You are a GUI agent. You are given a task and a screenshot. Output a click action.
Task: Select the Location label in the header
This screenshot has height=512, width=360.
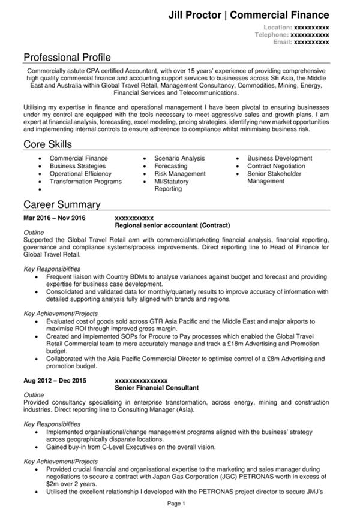[x=277, y=28]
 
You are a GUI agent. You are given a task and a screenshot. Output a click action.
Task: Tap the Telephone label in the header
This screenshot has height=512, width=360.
[x=272, y=35]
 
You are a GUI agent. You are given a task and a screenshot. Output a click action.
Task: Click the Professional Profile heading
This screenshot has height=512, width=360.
[x=67, y=58]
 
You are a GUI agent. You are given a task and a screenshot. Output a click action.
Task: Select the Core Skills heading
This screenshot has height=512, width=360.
[x=47, y=144]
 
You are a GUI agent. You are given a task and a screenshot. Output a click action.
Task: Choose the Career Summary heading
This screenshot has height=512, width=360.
[x=62, y=204]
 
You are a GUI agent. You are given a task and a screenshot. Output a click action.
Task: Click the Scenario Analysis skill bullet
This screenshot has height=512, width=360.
[x=179, y=158]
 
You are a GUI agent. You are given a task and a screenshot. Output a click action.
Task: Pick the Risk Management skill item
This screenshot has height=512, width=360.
[x=179, y=174]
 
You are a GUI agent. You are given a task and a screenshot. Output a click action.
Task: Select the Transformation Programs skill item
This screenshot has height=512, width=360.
[x=85, y=182]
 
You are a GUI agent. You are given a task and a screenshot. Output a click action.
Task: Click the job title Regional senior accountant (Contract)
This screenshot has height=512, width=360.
[x=172, y=225]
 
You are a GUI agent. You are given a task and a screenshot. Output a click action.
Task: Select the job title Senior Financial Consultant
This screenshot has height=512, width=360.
[x=156, y=388]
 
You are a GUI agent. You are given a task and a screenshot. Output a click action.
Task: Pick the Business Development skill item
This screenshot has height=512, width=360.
[x=280, y=158]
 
